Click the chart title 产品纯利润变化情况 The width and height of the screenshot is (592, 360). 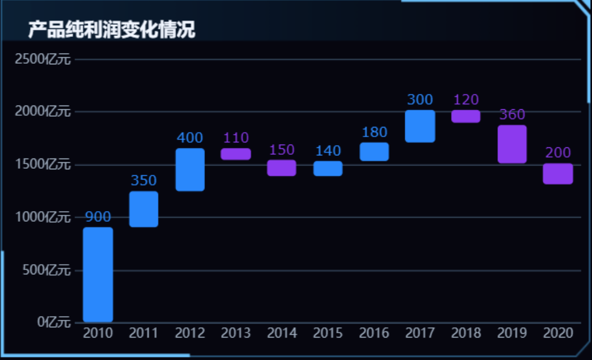[x=111, y=29]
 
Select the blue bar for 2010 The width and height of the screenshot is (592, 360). [x=98, y=274]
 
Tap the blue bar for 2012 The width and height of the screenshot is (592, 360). [x=190, y=169]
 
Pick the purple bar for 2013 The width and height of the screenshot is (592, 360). [x=236, y=154]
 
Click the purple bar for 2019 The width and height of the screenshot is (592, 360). [x=512, y=144]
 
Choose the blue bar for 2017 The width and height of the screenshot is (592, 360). [x=420, y=126]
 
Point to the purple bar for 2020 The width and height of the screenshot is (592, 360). [x=558, y=174]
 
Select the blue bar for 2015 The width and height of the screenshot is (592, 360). [x=328, y=168]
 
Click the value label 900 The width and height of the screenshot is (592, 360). [x=98, y=217]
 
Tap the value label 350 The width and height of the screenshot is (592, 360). [x=143, y=181]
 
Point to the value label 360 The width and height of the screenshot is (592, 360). [x=512, y=114]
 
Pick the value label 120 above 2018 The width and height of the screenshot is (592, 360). [x=466, y=99]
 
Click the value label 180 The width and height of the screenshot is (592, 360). [x=374, y=132]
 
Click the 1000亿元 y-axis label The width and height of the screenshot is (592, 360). [x=43, y=217]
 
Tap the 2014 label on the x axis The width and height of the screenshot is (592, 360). [x=282, y=333]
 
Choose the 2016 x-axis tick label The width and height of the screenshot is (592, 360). [x=374, y=333]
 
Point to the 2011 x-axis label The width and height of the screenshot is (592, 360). [x=143, y=333]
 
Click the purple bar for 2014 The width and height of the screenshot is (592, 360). [x=282, y=168]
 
